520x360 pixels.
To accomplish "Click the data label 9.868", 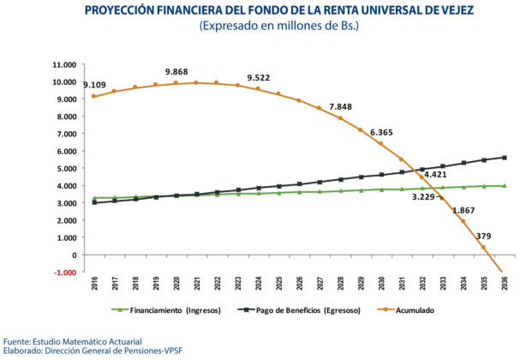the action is pyautogui.click(x=176, y=72).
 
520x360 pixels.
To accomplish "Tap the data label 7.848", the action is pyautogui.click(x=341, y=107).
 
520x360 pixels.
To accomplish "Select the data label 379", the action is pyautogui.click(x=483, y=237).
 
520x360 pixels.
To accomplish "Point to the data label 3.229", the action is pyautogui.click(x=423, y=197).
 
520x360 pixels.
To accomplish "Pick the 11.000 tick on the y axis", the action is pyautogui.click(x=64, y=64).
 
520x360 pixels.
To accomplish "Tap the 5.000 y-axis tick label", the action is pyautogui.click(x=67, y=169).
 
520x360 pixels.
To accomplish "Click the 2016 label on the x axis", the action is pyautogui.click(x=94, y=284).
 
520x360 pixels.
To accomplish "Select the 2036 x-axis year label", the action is pyautogui.click(x=505, y=284).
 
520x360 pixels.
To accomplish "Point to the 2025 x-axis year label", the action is pyautogui.click(x=279, y=284).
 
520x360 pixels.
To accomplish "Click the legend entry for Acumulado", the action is pyautogui.click(x=406, y=310).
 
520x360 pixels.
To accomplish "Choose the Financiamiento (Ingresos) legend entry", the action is pyautogui.click(x=166, y=310).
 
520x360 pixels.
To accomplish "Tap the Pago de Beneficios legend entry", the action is pyautogui.click(x=300, y=310).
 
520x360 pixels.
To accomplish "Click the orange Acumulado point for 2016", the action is pyautogui.click(x=93, y=96).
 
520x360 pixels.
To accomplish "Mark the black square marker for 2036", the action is pyautogui.click(x=505, y=158).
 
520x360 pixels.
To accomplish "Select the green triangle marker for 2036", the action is pyautogui.click(x=505, y=186).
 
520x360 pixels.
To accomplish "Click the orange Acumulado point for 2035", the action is pyautogui.click(x=483, y=248).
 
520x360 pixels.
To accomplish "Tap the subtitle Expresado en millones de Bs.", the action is pyautogui.click(x=279, y=26).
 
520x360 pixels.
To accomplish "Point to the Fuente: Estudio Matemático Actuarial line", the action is pyautogui.click(x=73, y=342).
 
